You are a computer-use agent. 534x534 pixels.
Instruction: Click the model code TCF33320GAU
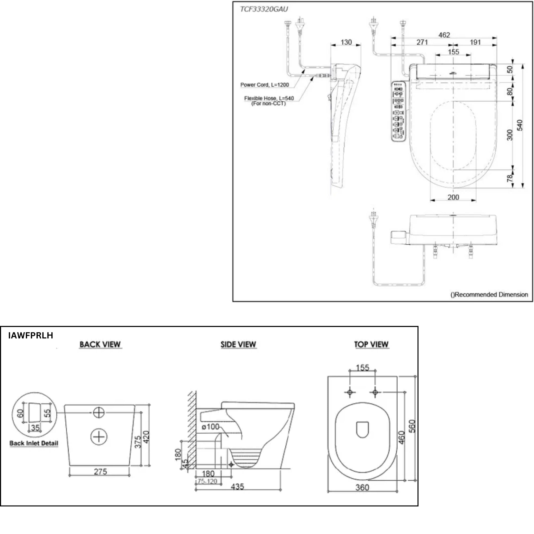click(x=264, y=9)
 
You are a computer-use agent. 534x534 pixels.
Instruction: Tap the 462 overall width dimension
click(x=444, y=35)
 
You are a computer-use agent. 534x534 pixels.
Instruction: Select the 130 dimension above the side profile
click(x=346, y=42)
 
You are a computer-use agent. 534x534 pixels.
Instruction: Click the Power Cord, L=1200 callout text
click(x=264, y=85)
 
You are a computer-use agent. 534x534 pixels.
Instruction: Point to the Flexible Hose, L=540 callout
click(x=269, y=98)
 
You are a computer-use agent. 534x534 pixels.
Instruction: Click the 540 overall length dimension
click(x=520, y=125)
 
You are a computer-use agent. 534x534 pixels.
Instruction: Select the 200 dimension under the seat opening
click(x=453, y=197)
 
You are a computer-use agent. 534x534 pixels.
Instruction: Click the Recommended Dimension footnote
click(x=489, y=295)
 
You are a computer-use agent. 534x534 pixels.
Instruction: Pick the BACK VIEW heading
click(x=100, y=344)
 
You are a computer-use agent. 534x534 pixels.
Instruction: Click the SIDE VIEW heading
click(x=238, y=344)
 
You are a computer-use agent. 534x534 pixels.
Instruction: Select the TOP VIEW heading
click(x=371, y=344)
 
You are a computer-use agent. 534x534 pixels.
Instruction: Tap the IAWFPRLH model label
click(x=31, y=335)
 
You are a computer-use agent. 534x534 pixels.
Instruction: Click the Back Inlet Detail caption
click(x=34, y=443)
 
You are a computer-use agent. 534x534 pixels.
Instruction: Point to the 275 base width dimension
click(x=100, y=471)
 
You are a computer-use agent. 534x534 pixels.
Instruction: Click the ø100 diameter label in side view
click(x=210, y=427)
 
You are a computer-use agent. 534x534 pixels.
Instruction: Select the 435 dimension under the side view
click(x=238, y=487)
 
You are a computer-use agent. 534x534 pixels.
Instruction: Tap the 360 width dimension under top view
click(x=362, y=487)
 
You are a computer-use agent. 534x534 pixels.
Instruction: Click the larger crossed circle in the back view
click(x=99, y=437)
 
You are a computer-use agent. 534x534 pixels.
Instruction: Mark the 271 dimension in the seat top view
click(x=422, y=42)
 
